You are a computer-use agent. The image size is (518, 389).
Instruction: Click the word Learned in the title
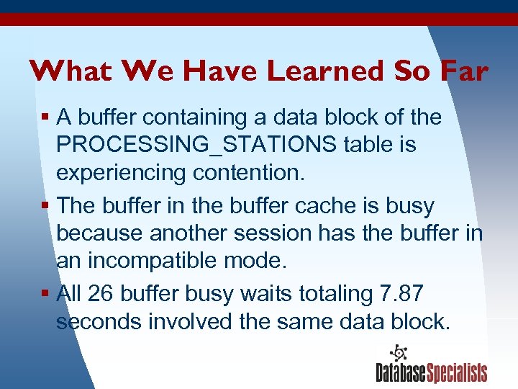[x=327, y=71]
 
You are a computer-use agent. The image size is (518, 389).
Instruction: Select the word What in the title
[x=71, y=71]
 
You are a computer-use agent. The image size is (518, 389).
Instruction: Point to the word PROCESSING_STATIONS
[x=196, y=145]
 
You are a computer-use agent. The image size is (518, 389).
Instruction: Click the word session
[x=270, y=234]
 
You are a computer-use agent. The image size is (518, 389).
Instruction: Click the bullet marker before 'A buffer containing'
[x=45, y=116]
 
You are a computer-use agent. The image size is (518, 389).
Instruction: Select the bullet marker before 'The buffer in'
[x=45, y=205]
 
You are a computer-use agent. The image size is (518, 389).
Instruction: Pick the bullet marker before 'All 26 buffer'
[x=45, y=293]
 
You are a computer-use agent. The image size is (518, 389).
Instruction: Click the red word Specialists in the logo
[x=458, y=372]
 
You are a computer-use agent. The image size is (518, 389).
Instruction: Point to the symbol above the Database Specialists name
[x=397, y=352]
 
